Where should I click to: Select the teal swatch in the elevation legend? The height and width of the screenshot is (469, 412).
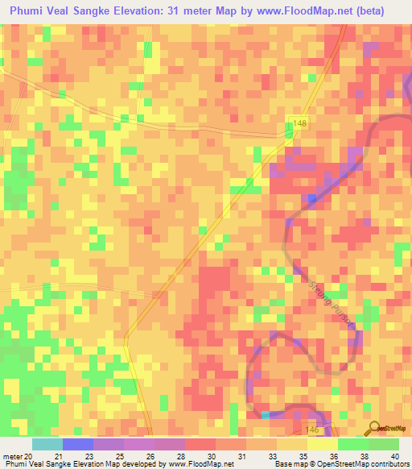pyautogui.click(x=47, y=444)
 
